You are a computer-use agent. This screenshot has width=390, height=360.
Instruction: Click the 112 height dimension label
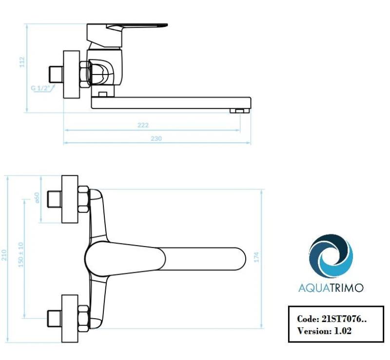point(22,62)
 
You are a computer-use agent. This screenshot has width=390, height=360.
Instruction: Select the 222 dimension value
point(142,125)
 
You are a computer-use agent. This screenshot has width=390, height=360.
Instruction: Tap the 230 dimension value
point(156,138)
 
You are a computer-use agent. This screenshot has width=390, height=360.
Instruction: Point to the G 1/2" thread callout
point(39,88)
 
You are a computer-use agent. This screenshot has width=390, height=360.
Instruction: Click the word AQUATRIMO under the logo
point(331,287)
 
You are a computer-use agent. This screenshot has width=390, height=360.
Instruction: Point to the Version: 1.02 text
point(324,330)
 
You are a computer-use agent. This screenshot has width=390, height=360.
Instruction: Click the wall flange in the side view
point(72,74)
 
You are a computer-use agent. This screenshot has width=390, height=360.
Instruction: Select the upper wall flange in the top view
point(70,199)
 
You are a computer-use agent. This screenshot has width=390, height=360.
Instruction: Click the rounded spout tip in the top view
point(239,258)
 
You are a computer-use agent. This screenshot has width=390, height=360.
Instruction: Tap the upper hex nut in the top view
point(84,199)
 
